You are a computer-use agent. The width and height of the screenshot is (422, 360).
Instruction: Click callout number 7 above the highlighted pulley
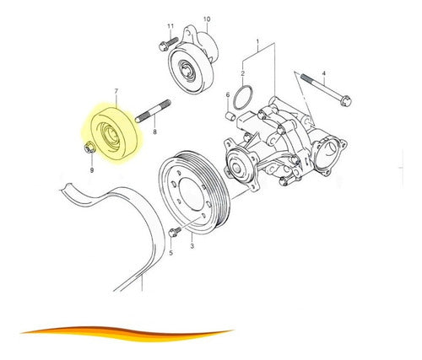tap(116, 91)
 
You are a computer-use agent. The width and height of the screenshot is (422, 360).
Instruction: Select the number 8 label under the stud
tap(154, 132)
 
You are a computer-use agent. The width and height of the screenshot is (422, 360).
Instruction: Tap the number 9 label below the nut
tap(92, 170)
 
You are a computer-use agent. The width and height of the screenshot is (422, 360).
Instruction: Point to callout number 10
tap(207, 19)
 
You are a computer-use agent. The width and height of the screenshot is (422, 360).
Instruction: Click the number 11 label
tap(170, 26)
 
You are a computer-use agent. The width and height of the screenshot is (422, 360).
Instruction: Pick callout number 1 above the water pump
tap(257, 42)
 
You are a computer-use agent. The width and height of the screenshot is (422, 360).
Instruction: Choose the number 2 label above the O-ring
tap(243, 73)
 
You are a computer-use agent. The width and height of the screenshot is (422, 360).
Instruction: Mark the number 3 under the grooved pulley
tap(192, 246)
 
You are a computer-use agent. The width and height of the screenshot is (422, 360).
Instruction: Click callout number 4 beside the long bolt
tap(324, 73)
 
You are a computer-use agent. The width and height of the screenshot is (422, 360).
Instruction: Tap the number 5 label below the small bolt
tap(170, 253)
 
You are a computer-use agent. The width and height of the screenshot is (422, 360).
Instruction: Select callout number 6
tap(228, 94)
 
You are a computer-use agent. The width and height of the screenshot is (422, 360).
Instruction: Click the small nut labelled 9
tap(90, 148)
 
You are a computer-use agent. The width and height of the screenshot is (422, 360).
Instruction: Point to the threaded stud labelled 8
tap(153, 111)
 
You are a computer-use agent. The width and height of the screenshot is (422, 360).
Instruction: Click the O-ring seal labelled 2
tap(243, 98)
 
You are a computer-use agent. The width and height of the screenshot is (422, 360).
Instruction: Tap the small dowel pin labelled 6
tap(230, 116)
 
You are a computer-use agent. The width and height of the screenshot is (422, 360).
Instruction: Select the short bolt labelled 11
tap(168, 45)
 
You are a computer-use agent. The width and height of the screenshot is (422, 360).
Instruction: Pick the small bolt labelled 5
tap(175, 232)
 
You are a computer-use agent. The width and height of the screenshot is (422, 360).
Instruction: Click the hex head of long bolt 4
tap(346, 100)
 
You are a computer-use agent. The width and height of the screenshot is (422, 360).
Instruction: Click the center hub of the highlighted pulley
tap(113, 134)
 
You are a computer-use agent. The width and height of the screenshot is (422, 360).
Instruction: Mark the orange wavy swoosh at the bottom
tap(127, 333)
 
